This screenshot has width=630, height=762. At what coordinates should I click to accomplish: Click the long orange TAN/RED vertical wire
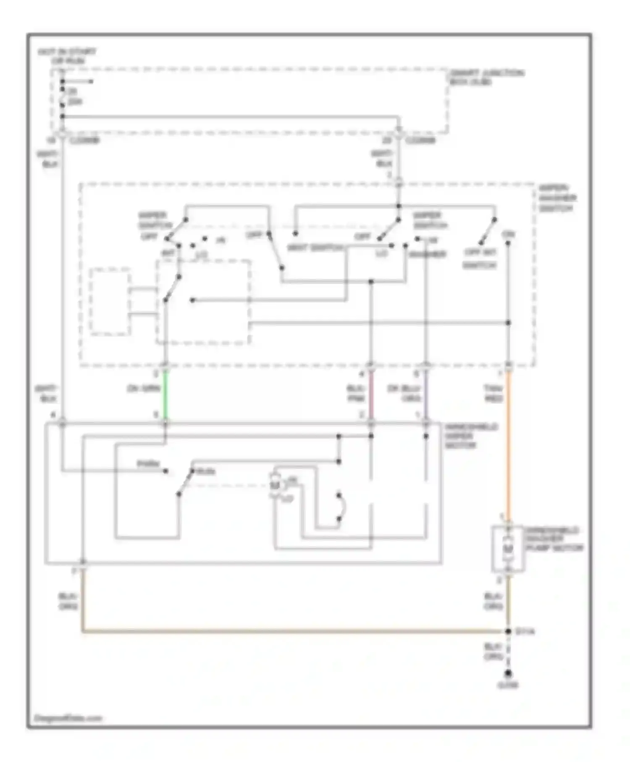(508, 445)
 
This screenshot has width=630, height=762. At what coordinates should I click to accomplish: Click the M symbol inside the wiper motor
(275, 485)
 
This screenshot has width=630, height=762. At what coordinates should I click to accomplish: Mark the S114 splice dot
(508, 631)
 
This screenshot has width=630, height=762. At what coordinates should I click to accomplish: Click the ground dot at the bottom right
(508, 674)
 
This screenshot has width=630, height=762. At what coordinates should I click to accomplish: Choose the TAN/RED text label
(493, 393)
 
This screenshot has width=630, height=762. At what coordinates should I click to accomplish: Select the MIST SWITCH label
(314, 247)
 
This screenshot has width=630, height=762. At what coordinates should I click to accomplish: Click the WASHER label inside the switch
(427, 254)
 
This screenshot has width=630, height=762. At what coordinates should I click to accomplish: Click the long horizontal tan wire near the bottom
(294, 631)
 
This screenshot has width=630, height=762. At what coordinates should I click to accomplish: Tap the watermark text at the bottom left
(68, 718)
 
